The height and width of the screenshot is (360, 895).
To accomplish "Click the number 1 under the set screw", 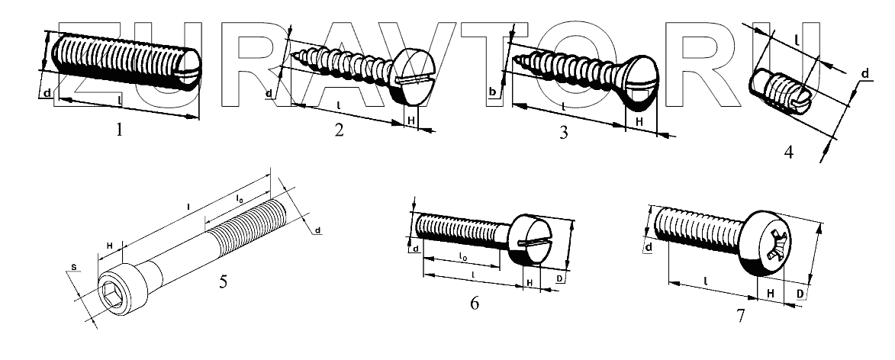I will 119,130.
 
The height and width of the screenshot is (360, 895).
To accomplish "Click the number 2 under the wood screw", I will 339,130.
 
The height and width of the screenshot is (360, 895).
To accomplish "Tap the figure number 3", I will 563,133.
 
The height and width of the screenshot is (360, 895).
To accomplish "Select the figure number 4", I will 788,152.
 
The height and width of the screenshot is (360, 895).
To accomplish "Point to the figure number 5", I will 223,281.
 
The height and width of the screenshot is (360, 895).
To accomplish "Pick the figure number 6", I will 475,304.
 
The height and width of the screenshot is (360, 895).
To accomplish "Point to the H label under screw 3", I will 639,121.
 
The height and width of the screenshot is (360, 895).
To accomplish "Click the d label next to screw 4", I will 865,74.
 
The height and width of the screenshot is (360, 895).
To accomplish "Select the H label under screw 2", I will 411,121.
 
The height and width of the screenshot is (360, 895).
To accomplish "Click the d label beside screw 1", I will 47,94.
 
